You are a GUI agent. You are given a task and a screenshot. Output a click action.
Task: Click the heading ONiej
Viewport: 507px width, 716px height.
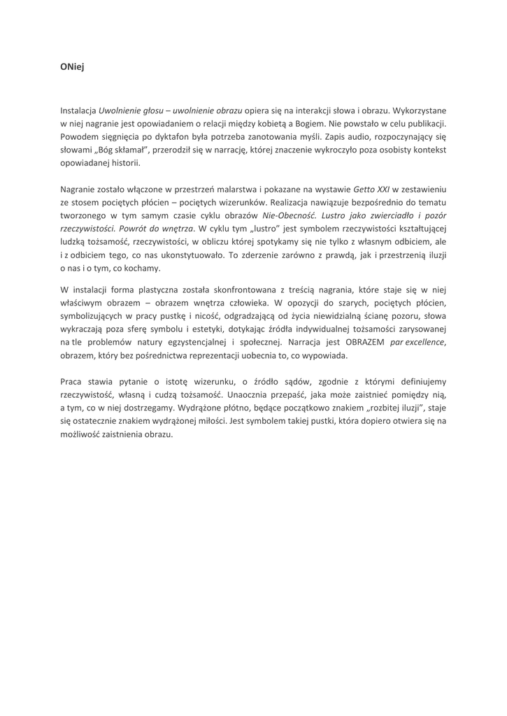tap(72, 68)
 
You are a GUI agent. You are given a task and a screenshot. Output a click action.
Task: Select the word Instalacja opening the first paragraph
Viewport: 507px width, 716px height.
tap(78, 110)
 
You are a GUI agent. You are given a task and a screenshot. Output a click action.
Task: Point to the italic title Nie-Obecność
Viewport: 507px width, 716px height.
tap(285, 215)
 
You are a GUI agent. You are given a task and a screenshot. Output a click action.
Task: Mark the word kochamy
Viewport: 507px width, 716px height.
tap(144, 268)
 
